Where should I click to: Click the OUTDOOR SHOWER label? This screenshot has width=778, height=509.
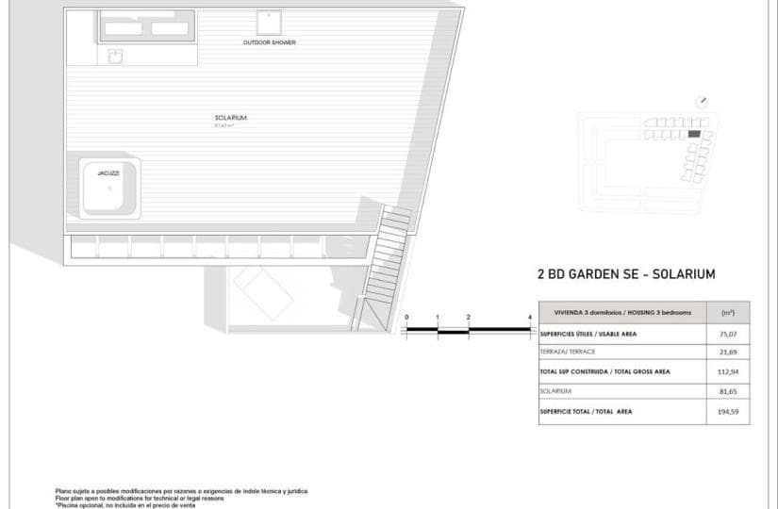click(x=269, y=42)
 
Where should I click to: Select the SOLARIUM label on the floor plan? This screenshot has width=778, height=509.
click(x=230, y=118)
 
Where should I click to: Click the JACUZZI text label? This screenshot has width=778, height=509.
click(x=108, y=173)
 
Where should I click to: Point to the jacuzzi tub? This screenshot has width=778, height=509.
click(x=109, y=189)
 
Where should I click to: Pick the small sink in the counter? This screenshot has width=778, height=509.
click(x=116, y=57)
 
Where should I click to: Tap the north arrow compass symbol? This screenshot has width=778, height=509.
click(x=702, y=102)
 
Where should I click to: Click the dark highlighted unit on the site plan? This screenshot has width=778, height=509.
click(x=694, y=135)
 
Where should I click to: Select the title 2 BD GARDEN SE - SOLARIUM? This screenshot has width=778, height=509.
click(x=626, y=274)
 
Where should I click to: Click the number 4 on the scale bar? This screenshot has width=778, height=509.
click(x=529, y=318)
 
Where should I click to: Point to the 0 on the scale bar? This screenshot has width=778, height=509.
click(x=406, y=318)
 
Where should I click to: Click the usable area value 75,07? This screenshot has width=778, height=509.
click(x=727, y=333)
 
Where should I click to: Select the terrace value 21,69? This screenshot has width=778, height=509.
click(x=727, y=352)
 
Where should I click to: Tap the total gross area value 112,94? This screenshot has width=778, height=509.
click(x=727, y=371)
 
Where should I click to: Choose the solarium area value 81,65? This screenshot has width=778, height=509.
click(x=727, y=390)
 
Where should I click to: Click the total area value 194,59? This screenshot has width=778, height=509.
click(x=727, y=411)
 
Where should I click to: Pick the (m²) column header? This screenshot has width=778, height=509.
click(x=727, y=312)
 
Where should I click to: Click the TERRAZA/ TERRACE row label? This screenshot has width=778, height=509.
click(x=568, y=352)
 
